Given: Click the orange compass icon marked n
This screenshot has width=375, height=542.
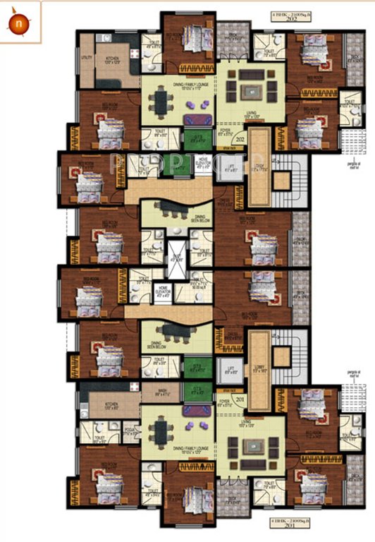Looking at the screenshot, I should pyautogui.click(x=16, y=23).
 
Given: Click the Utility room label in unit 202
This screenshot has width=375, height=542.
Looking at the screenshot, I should pyautogui.click(x=87, y=59).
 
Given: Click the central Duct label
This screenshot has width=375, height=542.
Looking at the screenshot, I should pyautogui.click(x=176, y=258).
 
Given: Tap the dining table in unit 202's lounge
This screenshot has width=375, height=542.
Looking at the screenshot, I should pyautogui.click(x=162, y=104).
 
